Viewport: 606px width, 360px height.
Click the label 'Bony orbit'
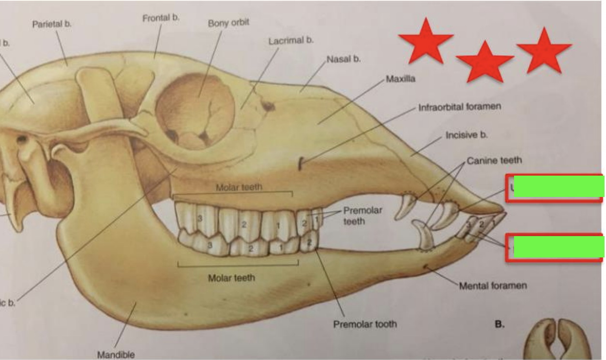[x=228, y=23]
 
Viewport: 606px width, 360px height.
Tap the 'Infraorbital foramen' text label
[x=459, y=106]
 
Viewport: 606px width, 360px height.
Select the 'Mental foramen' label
[x=493, y=285]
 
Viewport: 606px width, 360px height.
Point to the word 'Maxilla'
[x=400, y=78]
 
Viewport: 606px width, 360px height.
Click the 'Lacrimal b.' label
[x=291, y=41]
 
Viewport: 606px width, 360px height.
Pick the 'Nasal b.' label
[x=343, y=60]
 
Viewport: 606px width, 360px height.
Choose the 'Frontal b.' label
[x=161, y=18]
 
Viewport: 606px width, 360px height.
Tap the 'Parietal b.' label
[x=52, y=24]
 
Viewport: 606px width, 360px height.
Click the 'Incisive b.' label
[x=466, y=135]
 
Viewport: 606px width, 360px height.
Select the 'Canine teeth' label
[x=494, y=160]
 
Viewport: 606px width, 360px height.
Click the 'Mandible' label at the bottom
[x=116, y=355]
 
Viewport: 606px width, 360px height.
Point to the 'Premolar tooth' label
[x=364, y=324]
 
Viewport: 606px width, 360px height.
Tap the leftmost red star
[x=425, y=42]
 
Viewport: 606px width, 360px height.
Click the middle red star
[x=485, y=62]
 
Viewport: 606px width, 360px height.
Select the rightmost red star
[x=544, y=50]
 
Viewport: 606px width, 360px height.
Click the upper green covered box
[x=558, y=187]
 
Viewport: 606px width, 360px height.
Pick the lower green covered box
[x=558, y=247]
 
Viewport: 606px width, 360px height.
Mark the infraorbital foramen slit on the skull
[x=300, y=165]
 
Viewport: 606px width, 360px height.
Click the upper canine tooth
[x=405, y=207]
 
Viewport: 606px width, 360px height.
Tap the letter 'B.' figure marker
[x=500, y=324]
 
